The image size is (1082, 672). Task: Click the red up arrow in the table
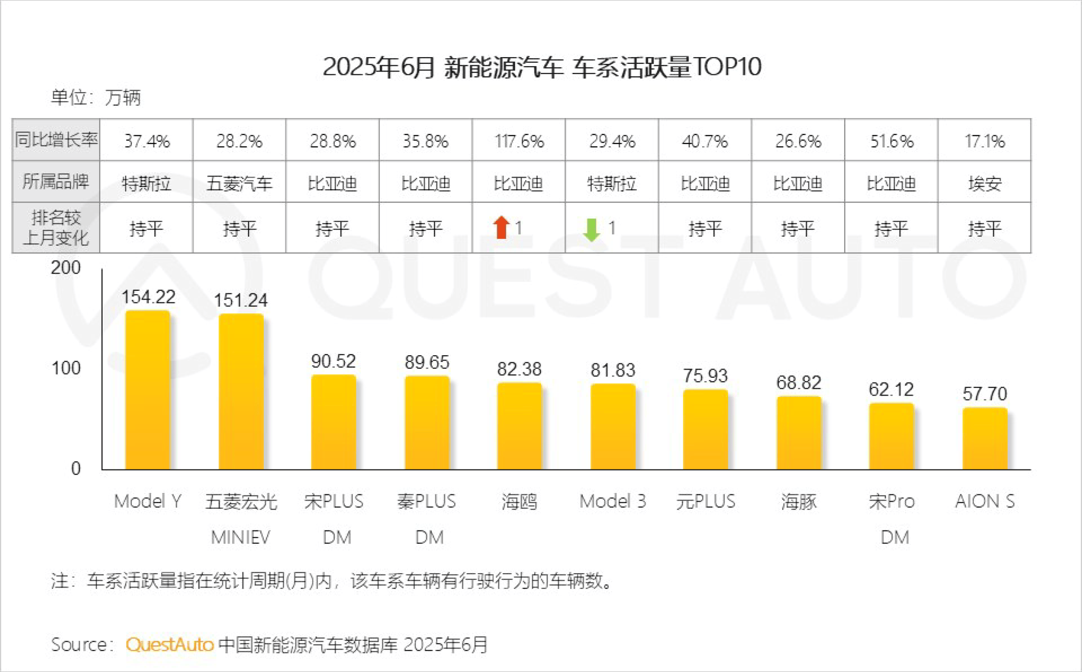(x=501, y=227)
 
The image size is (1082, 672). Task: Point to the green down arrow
(x=591, y=229)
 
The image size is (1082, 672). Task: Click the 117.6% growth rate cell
(x=519, y=141)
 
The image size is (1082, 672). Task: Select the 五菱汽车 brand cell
(x=239, y=183)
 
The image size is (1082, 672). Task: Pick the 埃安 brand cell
(x=985, y=183)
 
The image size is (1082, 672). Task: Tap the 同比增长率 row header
(x=56, y=140)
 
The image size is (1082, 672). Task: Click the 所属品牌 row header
(x=56, y=181)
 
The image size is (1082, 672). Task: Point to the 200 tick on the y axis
(x=66, y=268)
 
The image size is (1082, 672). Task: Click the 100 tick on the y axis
(x=66, y=368)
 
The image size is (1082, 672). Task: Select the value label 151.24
(x=240, y=300)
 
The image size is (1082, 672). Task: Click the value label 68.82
(x=799, y=383)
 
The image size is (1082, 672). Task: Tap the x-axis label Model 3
(x=612, y=501)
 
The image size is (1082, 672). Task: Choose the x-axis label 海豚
(x=799, y=502)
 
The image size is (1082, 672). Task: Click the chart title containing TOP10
(x=541, y=67)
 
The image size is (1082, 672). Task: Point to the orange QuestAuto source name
(x=169, y=644)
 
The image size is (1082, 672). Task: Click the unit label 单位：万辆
(x=96, y=97)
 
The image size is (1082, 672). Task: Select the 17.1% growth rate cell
(x=985, y=141)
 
